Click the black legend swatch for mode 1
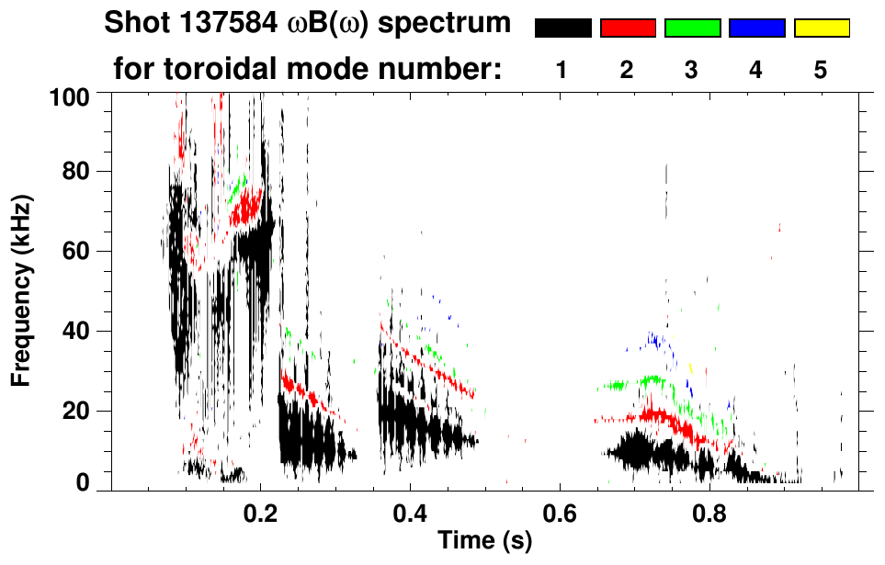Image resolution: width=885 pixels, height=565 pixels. tap(562, 28)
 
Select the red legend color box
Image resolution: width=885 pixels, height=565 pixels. tap(628, 28)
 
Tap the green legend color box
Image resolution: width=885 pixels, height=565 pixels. tap(692, 28)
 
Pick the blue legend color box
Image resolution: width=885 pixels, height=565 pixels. tap(756, 28)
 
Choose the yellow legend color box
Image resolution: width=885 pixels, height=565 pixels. tap(821, 28)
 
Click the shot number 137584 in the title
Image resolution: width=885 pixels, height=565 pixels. tap(211, 24)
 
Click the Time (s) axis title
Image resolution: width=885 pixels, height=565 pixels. tap(483, 542)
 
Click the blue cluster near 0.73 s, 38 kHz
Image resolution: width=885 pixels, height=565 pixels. tap(654, 340)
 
